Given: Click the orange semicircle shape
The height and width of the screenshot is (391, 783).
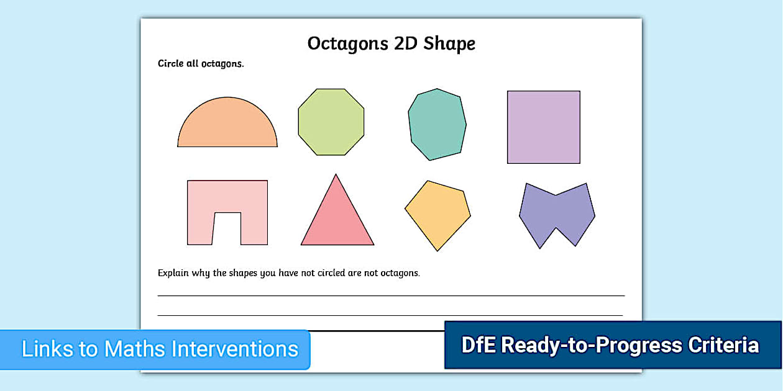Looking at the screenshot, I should click(227, 127).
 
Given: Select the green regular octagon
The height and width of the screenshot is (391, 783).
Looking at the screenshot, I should click(331, 122).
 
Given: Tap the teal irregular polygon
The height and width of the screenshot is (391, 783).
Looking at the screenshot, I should click(437, 124).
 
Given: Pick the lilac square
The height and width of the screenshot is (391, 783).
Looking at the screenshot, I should click(544, 127).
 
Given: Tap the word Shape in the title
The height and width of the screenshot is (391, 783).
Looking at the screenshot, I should click(449, 44).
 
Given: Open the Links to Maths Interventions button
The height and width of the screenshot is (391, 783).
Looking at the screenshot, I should click(160, 349).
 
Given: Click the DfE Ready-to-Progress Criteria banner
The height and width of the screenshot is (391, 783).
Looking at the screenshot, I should click(612, 345).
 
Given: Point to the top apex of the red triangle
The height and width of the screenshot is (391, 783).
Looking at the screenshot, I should click(336, 176).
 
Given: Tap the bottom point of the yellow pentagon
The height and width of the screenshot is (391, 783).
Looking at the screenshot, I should click(437, 249).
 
